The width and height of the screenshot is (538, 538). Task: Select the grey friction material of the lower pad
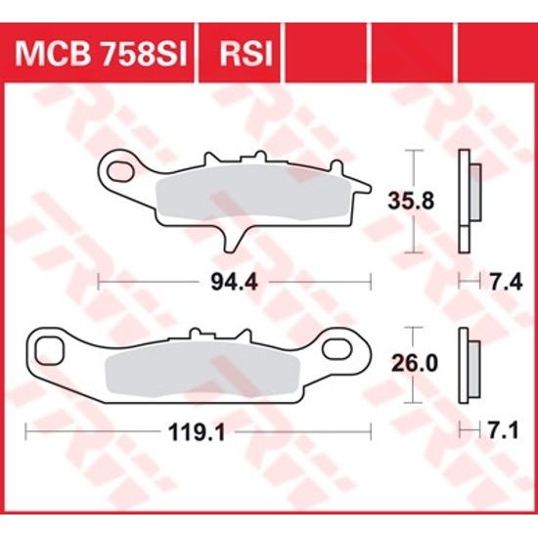point(196,367)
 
